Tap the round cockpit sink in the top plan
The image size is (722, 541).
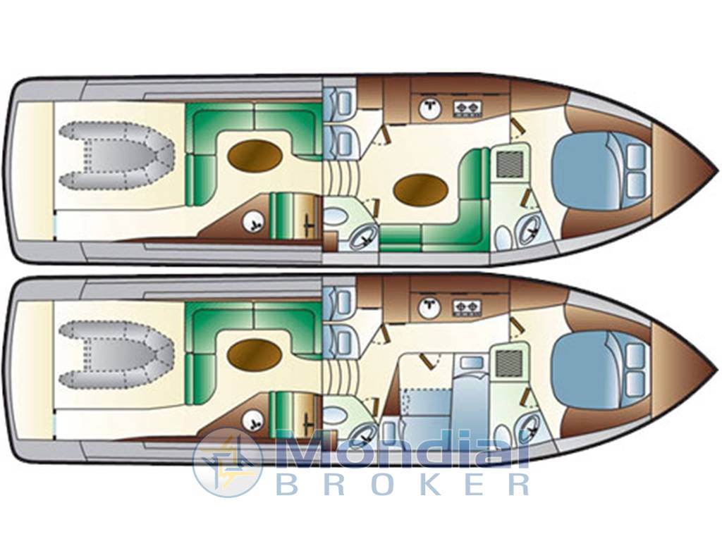pos(254,222)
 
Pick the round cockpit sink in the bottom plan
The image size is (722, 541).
pos(254,421)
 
